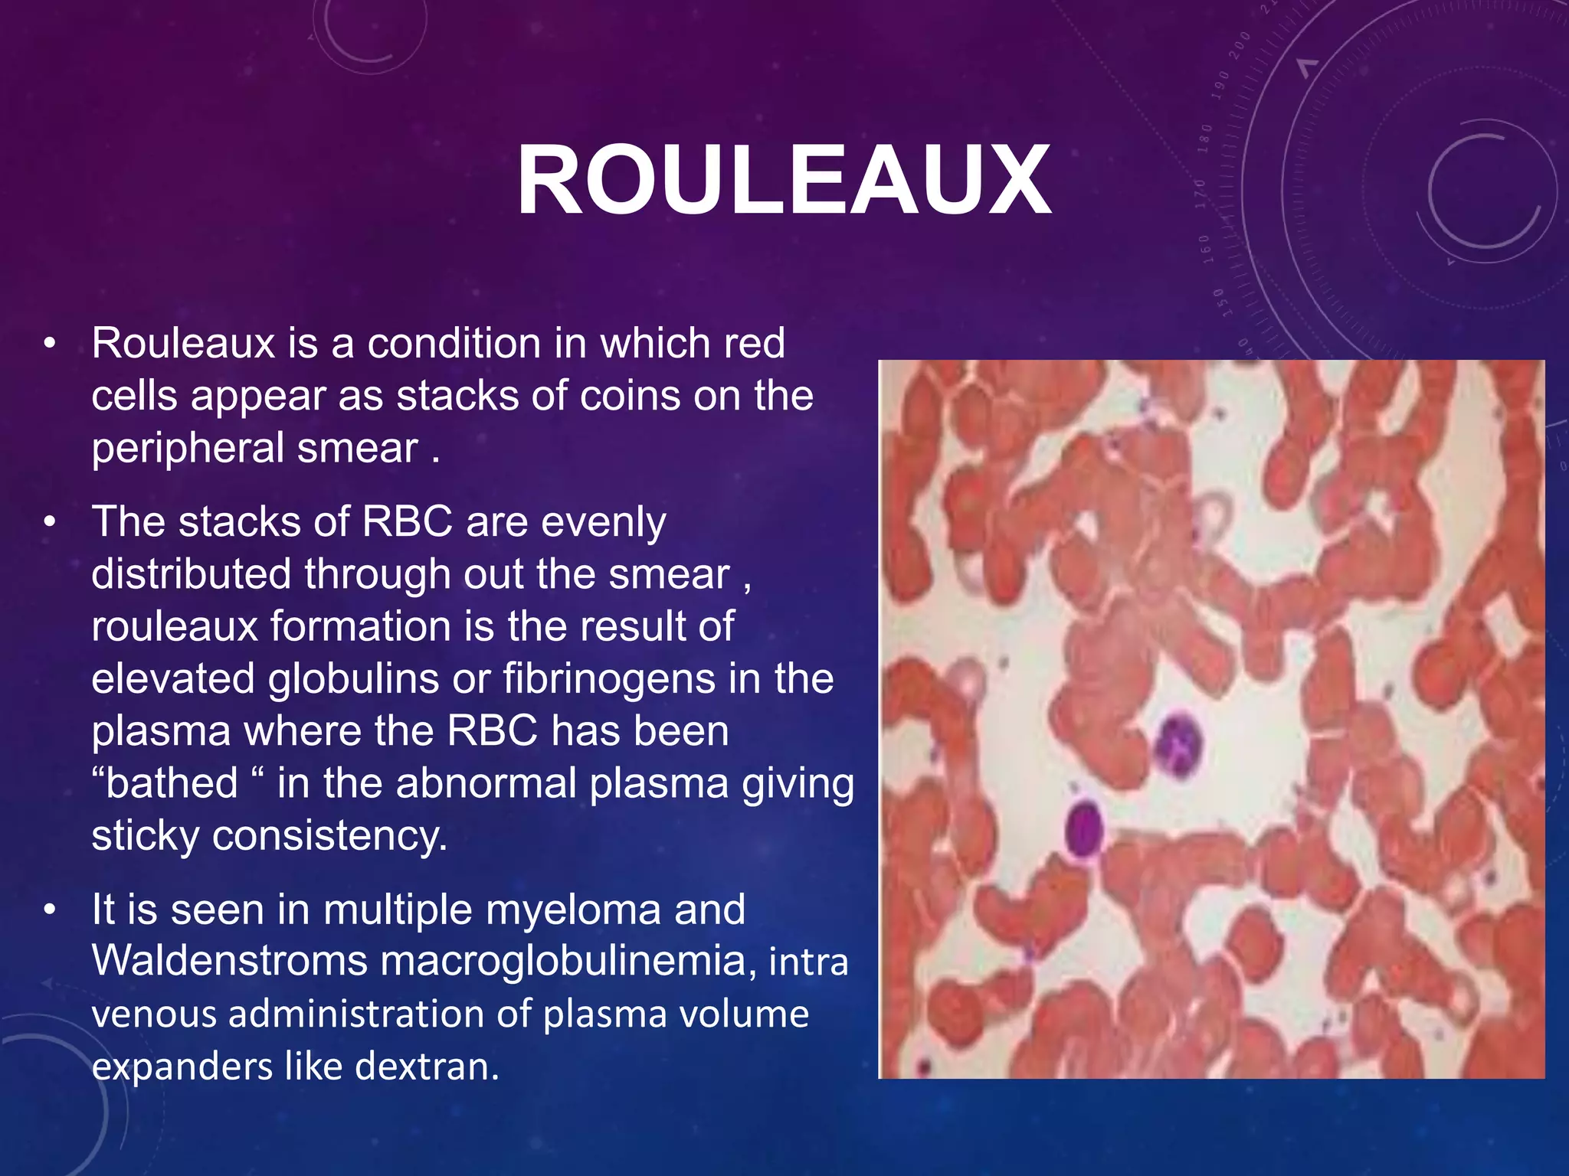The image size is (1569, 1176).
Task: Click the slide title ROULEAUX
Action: pos(784,181)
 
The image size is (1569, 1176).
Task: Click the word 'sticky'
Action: pos(146,835)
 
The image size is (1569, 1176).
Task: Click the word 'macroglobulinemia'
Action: pos(563,960)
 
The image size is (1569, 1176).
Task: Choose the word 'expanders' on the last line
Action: pos(182,1067)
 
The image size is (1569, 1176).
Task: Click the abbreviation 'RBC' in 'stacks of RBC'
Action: pos(408,522)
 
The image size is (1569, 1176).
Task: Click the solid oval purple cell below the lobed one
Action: pos(1083,828)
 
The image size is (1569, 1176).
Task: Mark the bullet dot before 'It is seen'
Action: pos(51,910)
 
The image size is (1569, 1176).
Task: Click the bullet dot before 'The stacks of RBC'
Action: pos(51,522)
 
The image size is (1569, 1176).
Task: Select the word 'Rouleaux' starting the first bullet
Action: pos(183,343)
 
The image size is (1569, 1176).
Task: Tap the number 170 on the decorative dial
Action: pos(1201,194)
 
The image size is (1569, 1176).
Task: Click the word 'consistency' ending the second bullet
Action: pos(329,835)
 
